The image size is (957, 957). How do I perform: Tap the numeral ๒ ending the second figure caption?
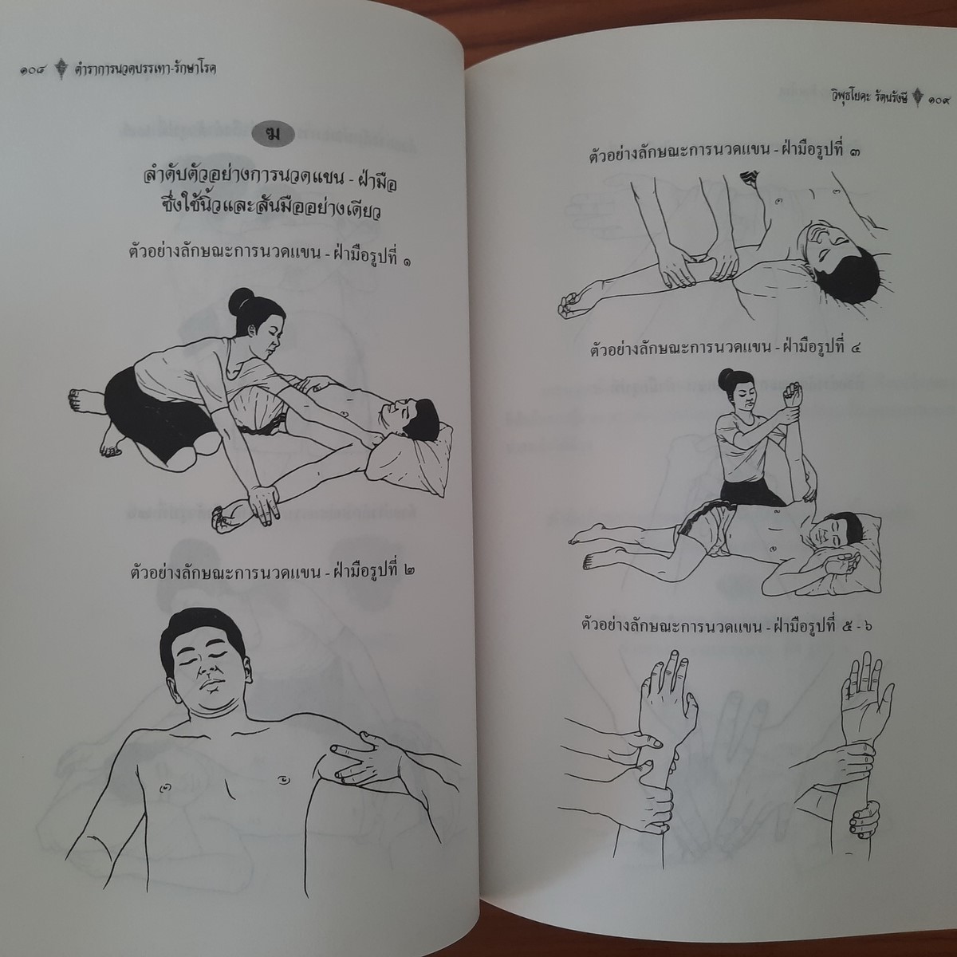coord(408,571)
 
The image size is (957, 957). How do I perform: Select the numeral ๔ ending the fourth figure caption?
coord(853,348)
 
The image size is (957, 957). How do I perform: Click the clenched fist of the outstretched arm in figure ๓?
coord(572,304)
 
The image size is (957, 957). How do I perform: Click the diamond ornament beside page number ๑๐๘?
coord(61,69)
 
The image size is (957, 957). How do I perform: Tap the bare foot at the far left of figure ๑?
coord(85,400)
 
